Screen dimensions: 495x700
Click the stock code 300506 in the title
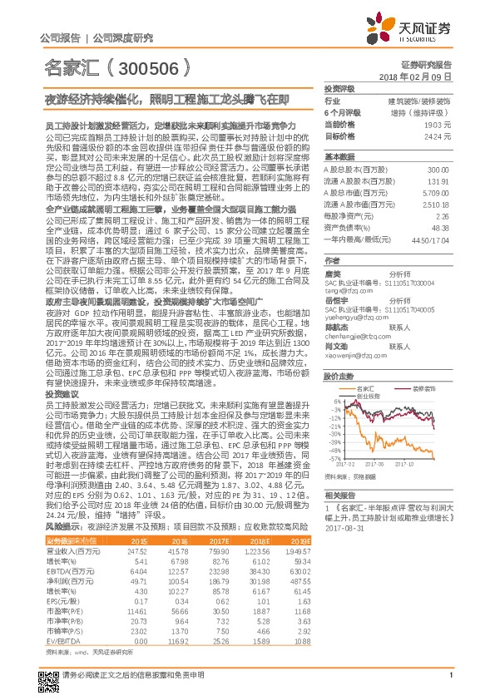150,68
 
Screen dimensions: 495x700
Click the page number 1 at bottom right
450,684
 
